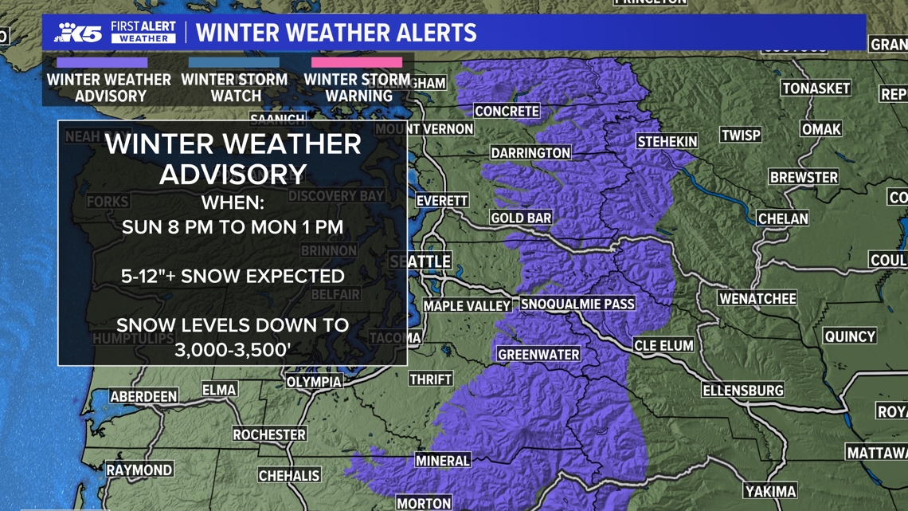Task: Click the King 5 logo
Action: [x=79, y=33]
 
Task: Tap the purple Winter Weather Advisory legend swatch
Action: [x=102, y=62]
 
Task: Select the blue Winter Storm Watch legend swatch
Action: [x=234, y=62]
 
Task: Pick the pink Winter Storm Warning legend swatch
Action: [x=357, y=62]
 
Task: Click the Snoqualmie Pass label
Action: [x=577, y=304]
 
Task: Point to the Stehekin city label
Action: [x=667, y=142]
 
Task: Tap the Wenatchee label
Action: [x=757, y=299]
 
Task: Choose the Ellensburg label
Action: [x=743, y=391]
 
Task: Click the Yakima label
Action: [x=770, y=491]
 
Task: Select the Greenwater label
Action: [x=538, y=354]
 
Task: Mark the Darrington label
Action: [x=530, y=152]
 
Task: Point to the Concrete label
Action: [x=507, y=112]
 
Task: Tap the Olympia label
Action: [x=314, y=382]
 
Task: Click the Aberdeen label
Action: [x=143, y=396]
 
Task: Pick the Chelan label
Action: [x=783, y=218]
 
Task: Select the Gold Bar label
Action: [x=521, y=218]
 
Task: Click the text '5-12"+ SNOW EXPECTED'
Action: [x=233, y=276]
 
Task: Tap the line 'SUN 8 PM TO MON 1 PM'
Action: [x=233, y=227]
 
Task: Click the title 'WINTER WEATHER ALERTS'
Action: [x=336, y=33]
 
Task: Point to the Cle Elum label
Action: [x=663, y=346]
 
